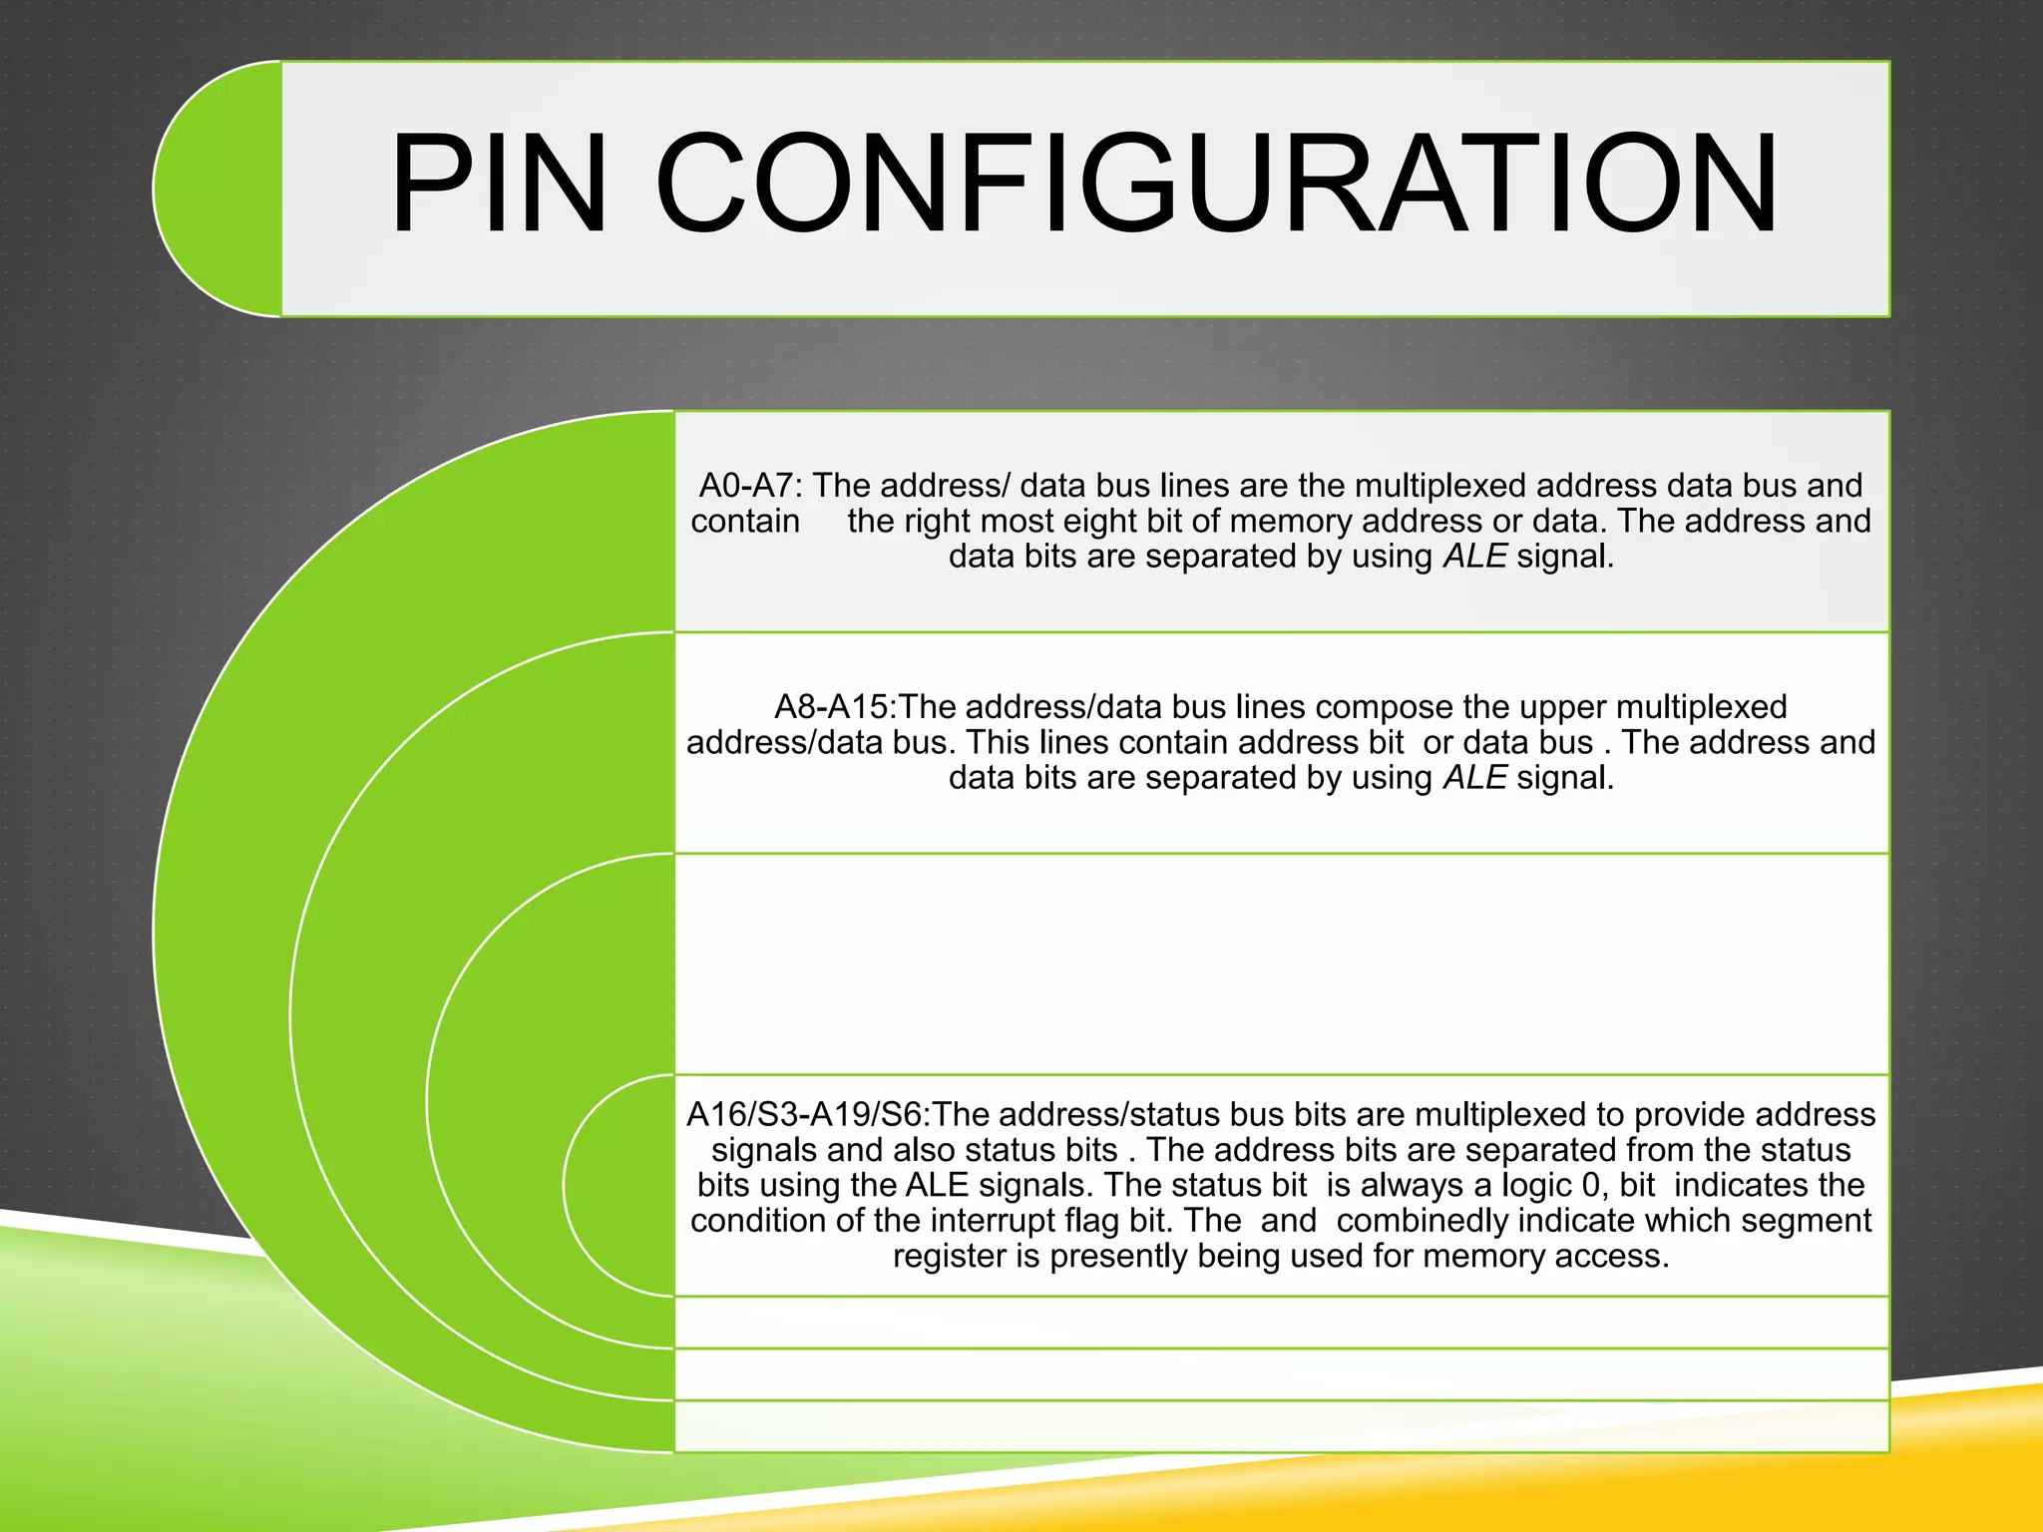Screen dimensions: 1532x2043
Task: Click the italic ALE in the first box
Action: (1474, 557)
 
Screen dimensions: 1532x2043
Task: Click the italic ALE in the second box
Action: (1474, 778)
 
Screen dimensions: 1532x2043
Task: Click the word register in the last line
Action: (950, 1257)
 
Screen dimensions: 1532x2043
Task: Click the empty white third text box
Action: (1282, 963)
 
